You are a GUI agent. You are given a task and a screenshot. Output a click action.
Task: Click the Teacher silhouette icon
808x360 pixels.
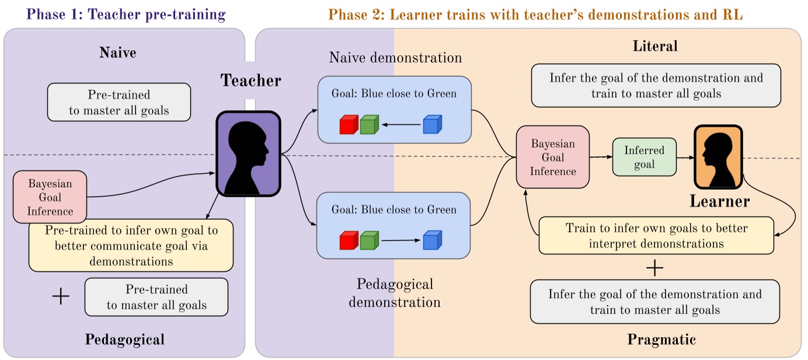coord(249,153)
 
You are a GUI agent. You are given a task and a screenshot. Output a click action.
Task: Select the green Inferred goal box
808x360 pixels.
coord(644,158)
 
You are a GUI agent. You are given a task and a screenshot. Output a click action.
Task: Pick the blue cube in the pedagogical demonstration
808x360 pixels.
coord(432,240)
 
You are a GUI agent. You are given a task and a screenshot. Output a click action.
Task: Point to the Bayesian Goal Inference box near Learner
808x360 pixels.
coord(553,156)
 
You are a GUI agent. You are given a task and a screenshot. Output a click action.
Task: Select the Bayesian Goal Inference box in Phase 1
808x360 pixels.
coord(50,197)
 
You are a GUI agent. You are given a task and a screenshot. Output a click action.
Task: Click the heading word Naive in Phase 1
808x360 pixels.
coord(118,53)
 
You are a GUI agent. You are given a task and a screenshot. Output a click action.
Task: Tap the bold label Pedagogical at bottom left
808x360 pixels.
coord(125,339)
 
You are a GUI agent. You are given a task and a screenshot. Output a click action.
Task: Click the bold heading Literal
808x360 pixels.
coord(655,46)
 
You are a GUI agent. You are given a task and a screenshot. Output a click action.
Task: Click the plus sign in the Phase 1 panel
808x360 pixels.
coord(61,296)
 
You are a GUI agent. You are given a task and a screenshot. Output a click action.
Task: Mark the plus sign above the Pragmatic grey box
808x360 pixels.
coord(655,268)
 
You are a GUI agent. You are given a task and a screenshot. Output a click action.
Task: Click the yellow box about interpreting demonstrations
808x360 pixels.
coord(656,236)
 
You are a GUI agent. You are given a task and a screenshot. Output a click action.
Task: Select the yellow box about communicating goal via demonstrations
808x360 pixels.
coord(131,246)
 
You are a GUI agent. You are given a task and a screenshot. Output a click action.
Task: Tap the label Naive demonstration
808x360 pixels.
coord(395,58)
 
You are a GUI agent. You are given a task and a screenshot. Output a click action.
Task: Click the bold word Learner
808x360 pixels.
coord(719,202)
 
